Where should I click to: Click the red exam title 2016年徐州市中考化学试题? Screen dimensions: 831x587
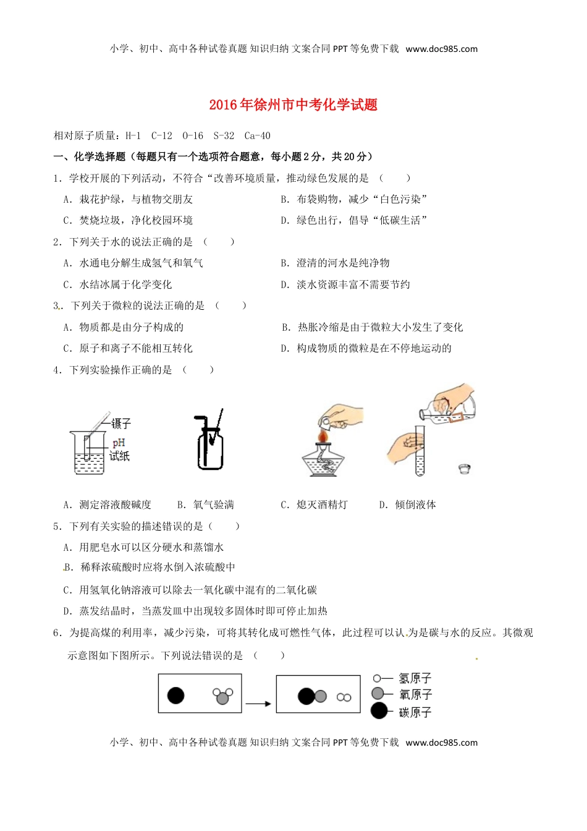point(293,104)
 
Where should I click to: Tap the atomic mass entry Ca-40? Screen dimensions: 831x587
point(257,136)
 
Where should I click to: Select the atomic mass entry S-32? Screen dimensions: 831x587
point(224,136)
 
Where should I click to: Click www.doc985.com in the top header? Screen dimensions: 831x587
point(441,49)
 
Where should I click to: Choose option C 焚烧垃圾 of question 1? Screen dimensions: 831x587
point(128,221)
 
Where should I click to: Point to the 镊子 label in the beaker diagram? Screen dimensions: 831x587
point(121,424)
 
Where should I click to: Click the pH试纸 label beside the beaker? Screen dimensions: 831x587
point(119,450)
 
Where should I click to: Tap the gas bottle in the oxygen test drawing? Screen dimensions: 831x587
point(210,448)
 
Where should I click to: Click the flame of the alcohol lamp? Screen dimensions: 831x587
point(322,437)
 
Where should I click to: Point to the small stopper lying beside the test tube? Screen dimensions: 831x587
point(465,469)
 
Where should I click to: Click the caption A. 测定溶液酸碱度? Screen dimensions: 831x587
point(108,505)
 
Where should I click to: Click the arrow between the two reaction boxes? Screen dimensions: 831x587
point(258,704)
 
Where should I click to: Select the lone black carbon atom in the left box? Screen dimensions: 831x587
point(176,696)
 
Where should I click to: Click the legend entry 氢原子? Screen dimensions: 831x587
point(415,679)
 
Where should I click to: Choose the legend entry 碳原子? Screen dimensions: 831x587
point(415,712)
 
